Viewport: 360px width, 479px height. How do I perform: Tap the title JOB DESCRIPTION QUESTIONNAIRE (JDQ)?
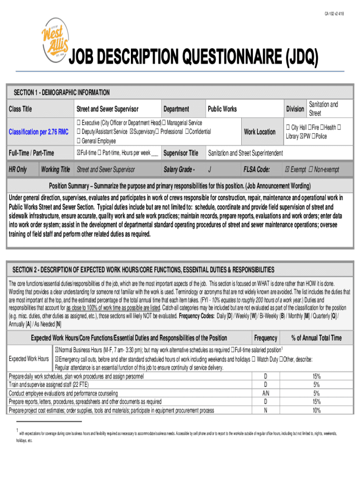(194, 59)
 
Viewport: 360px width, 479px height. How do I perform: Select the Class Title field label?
(21, 109)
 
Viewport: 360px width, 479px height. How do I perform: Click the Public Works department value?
(222, 109)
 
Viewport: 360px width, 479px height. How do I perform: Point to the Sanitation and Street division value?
(323, 109)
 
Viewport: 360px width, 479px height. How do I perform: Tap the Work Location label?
(259, 132)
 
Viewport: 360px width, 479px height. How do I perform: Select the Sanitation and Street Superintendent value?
(245, 153)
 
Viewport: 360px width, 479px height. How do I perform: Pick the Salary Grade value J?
(209, 169)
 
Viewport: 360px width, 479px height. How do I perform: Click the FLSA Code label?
(256, 169)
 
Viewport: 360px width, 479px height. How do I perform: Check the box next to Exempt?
(288, 169)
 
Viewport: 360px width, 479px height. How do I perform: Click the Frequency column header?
(266, 338)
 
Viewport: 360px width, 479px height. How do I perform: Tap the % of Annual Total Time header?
(316, 338)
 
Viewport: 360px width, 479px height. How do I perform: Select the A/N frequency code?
(266, 393)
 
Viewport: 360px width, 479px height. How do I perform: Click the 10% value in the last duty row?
(317, 410)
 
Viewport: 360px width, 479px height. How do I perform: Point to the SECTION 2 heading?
(143, 270)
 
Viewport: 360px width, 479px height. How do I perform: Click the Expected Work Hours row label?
(29, 359)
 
